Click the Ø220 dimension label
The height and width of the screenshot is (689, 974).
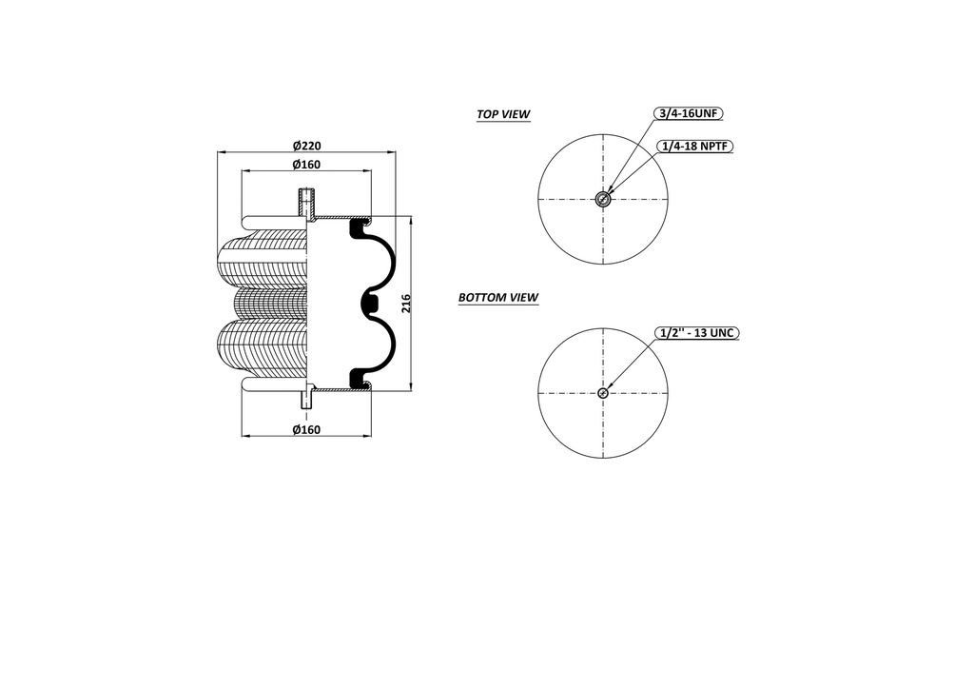306,146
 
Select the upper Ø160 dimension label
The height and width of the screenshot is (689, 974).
306,166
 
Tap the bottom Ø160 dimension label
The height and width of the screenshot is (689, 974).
306,430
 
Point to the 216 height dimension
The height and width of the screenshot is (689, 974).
406,303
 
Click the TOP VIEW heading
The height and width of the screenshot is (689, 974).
503,114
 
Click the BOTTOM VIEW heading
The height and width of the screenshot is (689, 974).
498,298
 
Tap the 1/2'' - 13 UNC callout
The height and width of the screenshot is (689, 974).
697,333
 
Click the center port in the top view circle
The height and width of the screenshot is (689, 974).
603,199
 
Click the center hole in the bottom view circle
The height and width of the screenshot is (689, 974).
603,393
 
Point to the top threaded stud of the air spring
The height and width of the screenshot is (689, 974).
305,201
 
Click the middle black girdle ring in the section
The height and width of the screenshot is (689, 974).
370,304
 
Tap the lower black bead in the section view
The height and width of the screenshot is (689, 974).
360,378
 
